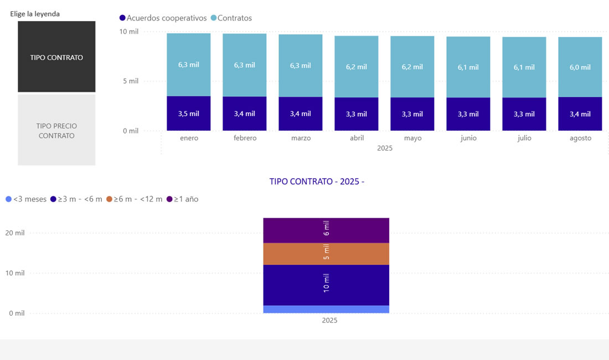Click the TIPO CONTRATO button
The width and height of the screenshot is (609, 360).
[x=56, y=57]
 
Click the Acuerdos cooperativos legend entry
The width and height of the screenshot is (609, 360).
[x=163, y=18]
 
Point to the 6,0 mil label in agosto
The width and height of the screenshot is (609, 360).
[x=580, y=68]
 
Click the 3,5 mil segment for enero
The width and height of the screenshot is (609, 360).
[x=189, y=114]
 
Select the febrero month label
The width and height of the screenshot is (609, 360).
[x=245, y=138]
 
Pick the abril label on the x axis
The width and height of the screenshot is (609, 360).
[x=357, y=138]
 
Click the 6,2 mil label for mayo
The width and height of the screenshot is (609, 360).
[x=412, y=66]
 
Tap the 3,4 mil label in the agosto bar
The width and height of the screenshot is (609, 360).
[x=580, y=114]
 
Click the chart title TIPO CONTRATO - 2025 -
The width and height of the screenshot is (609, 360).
[x=317, y=182]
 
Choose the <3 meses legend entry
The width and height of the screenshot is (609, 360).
[x=26, y=199]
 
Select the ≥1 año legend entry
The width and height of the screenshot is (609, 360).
[x=183, y=199]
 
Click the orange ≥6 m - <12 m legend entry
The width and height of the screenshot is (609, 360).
[x=135, y=199]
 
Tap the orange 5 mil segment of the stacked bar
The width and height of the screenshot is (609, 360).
[x=326, y=254]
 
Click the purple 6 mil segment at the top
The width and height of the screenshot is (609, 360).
[x=326, y=230]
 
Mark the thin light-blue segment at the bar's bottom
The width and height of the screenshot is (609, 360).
[x=326, y=309]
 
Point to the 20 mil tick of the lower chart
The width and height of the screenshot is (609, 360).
[x=16, y=233]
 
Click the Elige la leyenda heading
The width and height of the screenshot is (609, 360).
[x=35, y=14]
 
